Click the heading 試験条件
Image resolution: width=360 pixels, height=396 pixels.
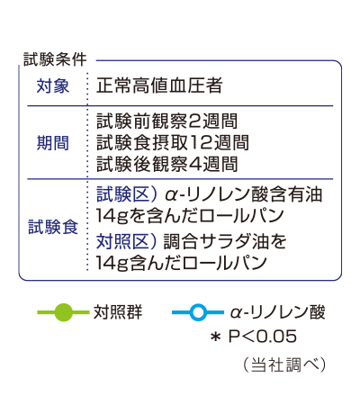[55, 59]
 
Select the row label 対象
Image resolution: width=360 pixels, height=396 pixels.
[53, 85]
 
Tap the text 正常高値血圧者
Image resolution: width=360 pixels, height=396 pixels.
[159, 85]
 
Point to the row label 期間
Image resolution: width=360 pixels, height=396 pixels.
[53, 143]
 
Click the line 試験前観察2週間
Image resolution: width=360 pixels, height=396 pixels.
[167, 121]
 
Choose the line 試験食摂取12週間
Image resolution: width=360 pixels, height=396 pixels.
[173, 142]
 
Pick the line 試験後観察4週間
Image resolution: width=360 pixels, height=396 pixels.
[167, 164]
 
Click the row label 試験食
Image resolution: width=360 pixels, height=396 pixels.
[53, 227]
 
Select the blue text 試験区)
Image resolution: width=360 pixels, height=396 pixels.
[127, 194]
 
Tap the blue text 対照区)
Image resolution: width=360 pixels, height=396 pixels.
[127, 241]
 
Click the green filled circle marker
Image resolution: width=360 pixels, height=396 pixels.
[64, 312]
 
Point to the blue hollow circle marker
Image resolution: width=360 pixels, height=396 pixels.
[198, 312]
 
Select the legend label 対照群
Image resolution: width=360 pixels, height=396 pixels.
[118, 312]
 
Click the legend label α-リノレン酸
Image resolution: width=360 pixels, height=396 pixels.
[278, 312]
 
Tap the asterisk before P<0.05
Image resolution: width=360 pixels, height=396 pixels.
[216, 337]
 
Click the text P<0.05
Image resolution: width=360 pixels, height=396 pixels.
[263, 337]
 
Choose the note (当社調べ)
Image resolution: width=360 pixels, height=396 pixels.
[284, 364]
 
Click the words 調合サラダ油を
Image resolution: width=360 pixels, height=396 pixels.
[225, 241]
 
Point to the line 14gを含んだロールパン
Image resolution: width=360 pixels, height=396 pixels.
[190, 216]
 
